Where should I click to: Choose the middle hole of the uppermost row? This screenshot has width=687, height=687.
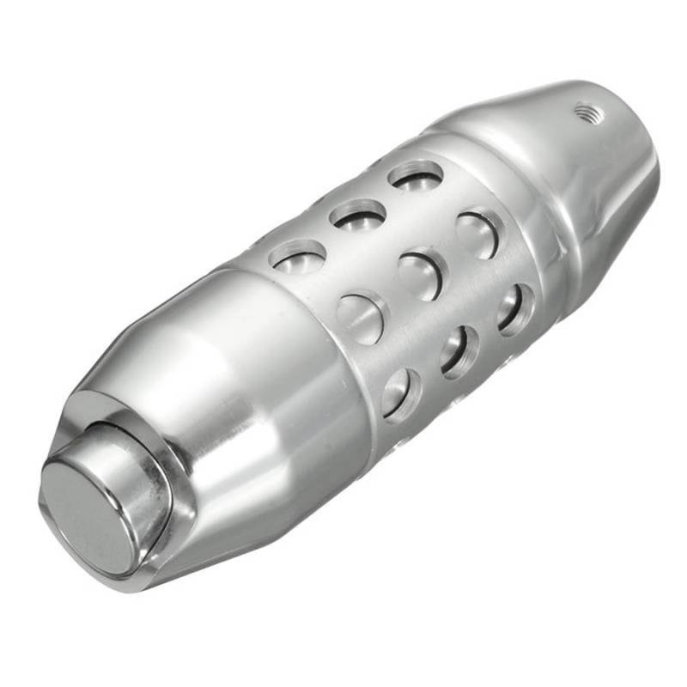[x=358, y=214]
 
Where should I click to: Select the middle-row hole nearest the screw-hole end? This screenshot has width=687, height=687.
[x=477, y=234]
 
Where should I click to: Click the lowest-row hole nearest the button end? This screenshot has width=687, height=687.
[x=401, y=393]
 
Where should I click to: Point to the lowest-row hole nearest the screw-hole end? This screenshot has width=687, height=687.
[x=514, y=307]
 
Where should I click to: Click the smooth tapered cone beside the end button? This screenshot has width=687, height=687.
[x=258, y=404]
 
